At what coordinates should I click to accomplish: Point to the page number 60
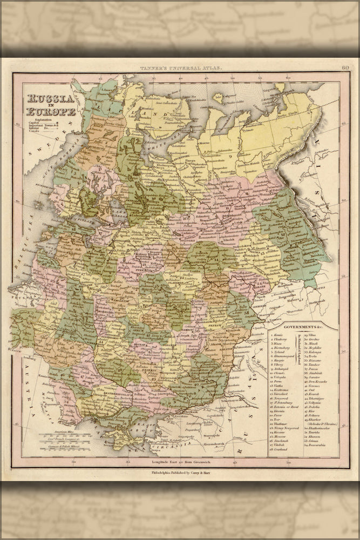coord(345,67)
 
